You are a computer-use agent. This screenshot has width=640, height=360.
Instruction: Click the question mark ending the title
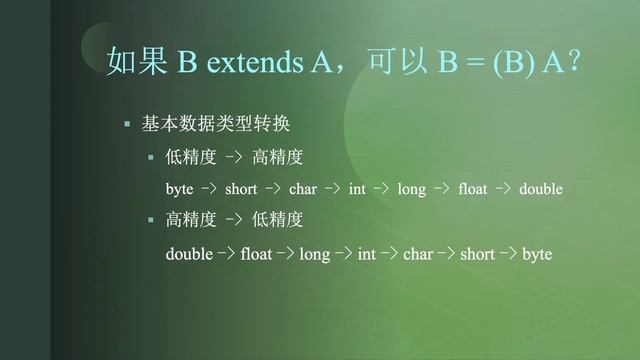574,63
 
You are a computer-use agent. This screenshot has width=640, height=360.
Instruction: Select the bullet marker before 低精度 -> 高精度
151,157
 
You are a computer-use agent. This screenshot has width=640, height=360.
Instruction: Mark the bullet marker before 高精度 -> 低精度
151,219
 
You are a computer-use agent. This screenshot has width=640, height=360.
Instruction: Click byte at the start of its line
179,189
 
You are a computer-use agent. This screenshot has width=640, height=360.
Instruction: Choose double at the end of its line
541,189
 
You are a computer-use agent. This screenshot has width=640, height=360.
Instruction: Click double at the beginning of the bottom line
189,255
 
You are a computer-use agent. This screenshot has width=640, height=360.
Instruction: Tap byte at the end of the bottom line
536,255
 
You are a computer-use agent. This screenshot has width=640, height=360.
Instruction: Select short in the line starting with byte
241,189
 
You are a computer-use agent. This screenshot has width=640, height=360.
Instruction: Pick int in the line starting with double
366,255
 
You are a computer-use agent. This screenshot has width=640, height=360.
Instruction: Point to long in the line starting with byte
411,189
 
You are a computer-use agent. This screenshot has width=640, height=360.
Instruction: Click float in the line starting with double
256,255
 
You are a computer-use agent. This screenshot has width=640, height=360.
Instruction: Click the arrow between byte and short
209,189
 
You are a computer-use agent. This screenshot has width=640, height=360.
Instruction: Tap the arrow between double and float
226,255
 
